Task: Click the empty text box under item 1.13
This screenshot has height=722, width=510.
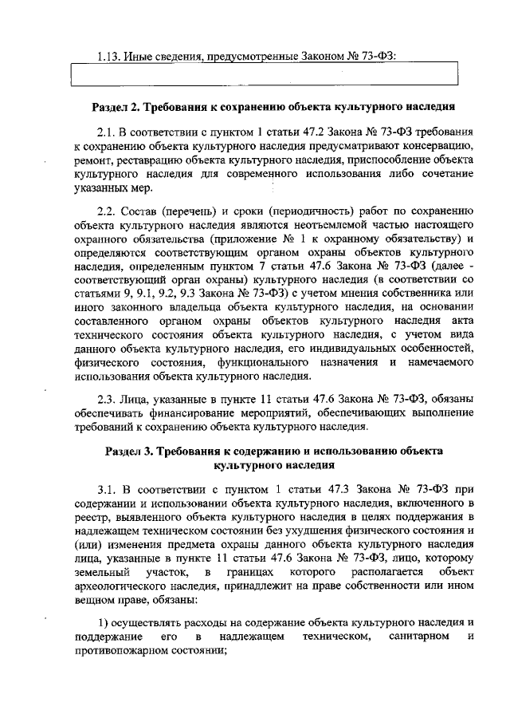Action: tap(265, 75)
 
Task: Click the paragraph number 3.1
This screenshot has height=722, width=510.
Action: tap(106, 488)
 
